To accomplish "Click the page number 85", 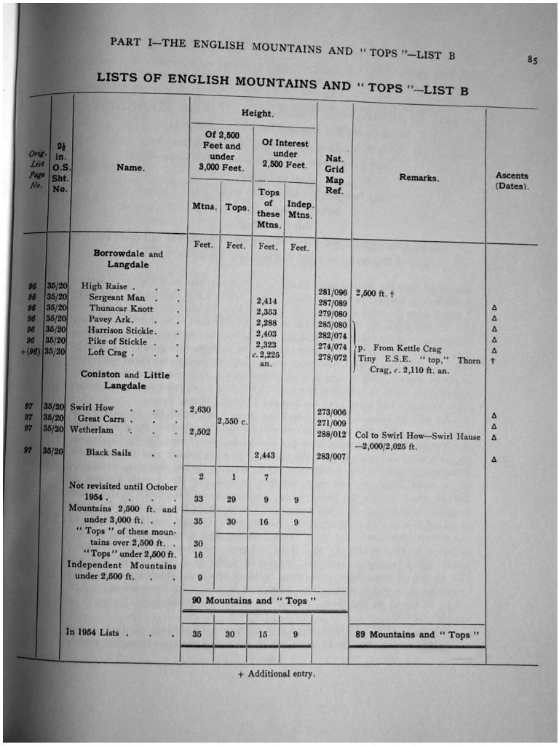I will (533, 60).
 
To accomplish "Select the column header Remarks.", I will (419, 178).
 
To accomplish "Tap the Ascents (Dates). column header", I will (512, 181).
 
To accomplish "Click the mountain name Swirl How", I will (92, 408).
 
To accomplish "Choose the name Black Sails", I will (108, 452).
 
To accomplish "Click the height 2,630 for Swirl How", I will (200, 409).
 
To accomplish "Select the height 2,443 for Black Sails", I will (267, 455).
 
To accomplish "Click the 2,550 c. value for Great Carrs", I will (234, 422).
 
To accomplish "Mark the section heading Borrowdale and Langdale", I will (127, 259).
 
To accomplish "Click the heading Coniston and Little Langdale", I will (124, 380).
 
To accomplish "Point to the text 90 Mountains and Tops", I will (254, 600).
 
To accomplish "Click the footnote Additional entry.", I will (276, 674).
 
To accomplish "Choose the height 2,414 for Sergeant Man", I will (267, 301).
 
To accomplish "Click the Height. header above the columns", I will (257, 114).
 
